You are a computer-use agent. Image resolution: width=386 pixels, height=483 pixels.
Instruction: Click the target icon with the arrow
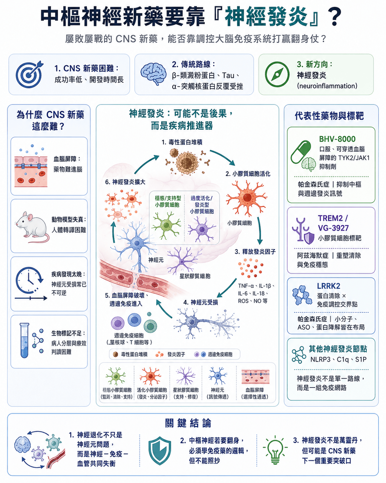click(x=29, y=74)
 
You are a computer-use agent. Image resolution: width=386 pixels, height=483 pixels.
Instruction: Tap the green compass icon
click(x=277, y=74)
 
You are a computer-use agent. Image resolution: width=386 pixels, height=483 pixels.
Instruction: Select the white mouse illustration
click(x=32, y=227)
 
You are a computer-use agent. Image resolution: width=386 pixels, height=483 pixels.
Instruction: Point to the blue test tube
click(x=25, y=340)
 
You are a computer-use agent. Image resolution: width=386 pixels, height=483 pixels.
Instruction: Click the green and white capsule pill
click(x=301, y=152)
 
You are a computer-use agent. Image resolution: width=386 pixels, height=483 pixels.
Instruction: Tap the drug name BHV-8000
click(x=337, y=139)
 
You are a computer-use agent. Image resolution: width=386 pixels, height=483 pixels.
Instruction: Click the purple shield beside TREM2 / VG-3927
click(x=309, y=238)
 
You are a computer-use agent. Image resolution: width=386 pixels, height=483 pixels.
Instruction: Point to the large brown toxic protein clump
click(x=187, y=162)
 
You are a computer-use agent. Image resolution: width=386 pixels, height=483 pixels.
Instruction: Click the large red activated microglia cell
click(x=247, y=197)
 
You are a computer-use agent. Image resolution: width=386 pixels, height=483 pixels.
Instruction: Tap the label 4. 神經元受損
click(x=201, y=302)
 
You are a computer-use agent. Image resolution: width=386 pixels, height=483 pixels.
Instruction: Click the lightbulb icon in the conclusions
click(x=275, y=450)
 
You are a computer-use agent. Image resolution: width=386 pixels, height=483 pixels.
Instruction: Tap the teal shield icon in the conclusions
click(x=160, y=451)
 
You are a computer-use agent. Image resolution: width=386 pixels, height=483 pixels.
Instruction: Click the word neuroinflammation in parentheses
click(x=327, y=86)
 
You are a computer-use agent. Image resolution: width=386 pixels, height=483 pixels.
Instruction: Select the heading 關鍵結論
click(x=188, y=423)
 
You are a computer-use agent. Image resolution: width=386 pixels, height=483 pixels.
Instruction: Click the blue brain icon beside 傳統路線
click(x=153, y=74)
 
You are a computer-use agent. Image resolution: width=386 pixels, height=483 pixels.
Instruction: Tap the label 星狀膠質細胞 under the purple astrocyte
click(x=195, y=276)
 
